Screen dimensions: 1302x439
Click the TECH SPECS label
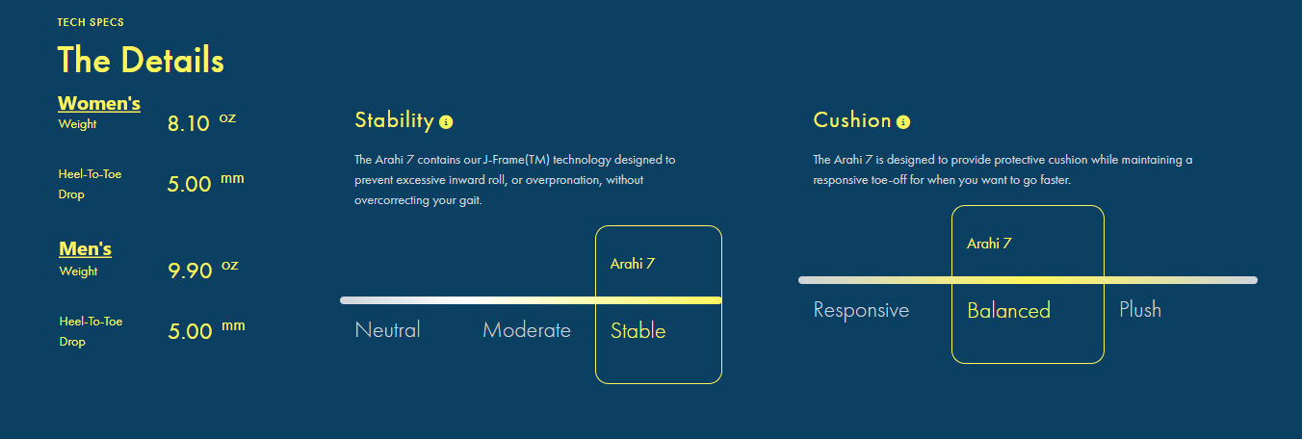click(x=91, y=23)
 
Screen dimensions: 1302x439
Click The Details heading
click(x=141, y=60)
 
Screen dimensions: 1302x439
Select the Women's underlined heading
click(x=99, y=103)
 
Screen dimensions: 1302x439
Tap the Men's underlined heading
click(x=86, y=248)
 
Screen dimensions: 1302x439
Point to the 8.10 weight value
click(x=189, y=123)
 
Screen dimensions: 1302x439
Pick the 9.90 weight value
click(x=190, y=271)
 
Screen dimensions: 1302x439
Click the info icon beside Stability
click(x=446, y=122)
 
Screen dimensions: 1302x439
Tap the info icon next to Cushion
click(x=903, y=122)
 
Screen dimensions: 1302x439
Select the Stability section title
click(x=395, y=120)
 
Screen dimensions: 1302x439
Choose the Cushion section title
click(x=852, y=120)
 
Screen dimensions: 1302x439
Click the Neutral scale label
click(x=388, y=330)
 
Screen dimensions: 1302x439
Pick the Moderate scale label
click(x=527, y=330)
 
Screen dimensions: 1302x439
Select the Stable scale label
click(x=638, y=330)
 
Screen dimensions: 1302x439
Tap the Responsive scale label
click(x=861, y=310)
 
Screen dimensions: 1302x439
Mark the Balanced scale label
click(x=1009, y=311)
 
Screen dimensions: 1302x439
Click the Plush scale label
click(x=1140, y=309)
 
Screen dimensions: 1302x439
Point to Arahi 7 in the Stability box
click(x=633, y=264)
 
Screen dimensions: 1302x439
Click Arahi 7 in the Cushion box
click(x=989, y=244)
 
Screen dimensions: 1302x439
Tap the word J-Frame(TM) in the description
click(x=516, y=160)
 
